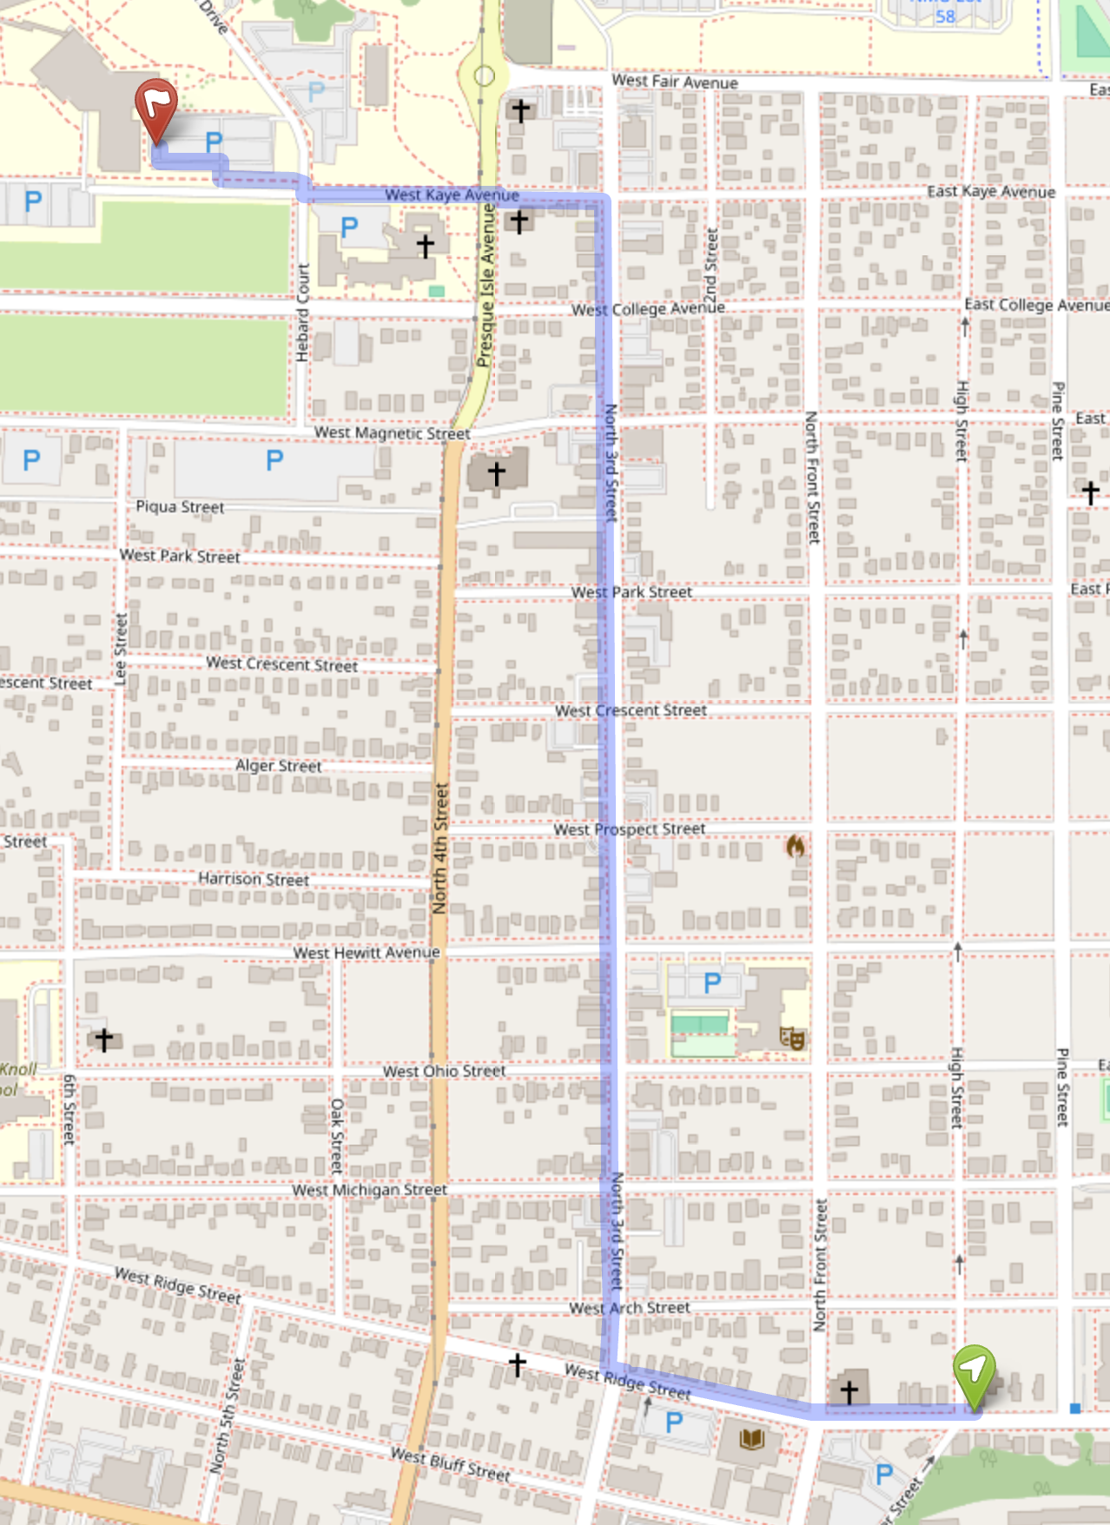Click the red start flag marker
coord(156,107)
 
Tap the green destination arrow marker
coord(974,1372)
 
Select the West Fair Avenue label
coord(675,82)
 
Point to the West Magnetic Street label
coord(392,432)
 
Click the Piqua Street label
coord(180,506)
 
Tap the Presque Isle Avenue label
coord(486,286)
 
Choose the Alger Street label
coord(278,766)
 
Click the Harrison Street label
coord(253,879)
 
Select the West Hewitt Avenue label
coord(366,953)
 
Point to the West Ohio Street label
coord(444,1072)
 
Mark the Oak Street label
coord(337,1136)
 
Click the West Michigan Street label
coord(369,1190)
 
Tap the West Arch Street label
coord(630,1308)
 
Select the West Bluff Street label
coord(450,1464)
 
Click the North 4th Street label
coord(440,848)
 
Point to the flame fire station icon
coord(795,845)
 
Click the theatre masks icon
coord(791,1037)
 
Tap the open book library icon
coord(751,1440)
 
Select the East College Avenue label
coord(1036,305)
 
